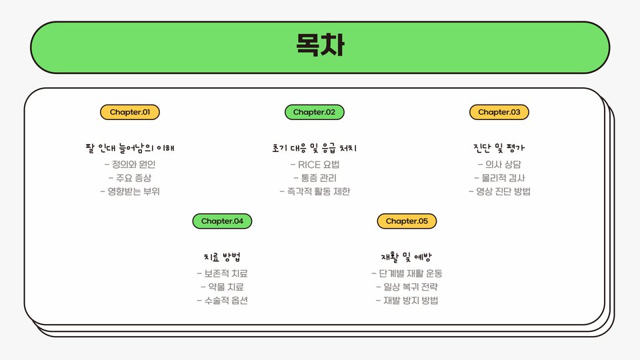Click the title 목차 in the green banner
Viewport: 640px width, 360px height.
pos(320,47)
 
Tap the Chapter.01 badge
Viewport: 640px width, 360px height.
pos(130,112)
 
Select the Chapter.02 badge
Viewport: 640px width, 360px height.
pos(315,112)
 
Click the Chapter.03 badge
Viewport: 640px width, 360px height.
pos(499,112)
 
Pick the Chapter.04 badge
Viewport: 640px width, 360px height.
pos(223,221)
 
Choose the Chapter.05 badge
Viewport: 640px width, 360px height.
pos(407,221)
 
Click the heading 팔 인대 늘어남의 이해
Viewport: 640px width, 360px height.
pos(130,147)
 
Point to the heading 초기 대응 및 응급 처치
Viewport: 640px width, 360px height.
pos(315,147)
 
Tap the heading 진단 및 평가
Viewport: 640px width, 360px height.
pos(499,147)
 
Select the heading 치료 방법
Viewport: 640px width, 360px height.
pos(223,257)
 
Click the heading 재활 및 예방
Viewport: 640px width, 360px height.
pos(407,257)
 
